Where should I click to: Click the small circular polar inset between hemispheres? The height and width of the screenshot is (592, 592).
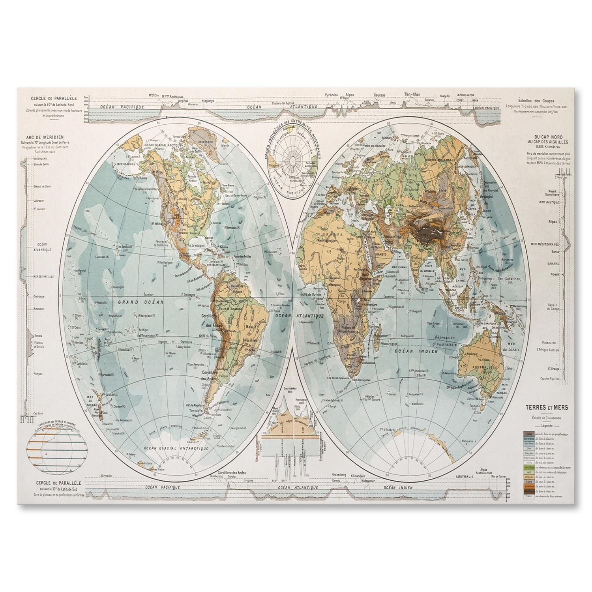click(x=293, y=162)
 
